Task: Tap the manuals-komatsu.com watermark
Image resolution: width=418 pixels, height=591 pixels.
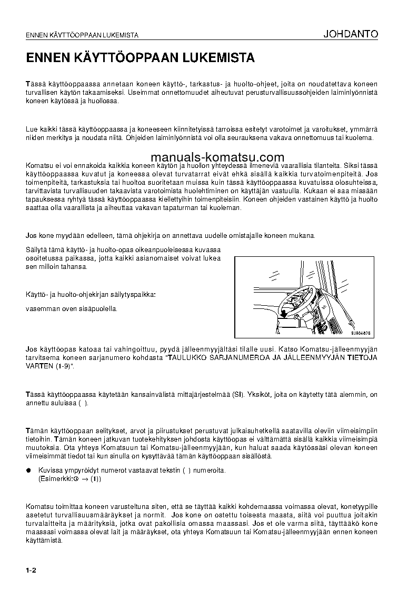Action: coord(217,157)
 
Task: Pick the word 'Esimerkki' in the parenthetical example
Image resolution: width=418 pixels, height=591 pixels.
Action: coord(55,479)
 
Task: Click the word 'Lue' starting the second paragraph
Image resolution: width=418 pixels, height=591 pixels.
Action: coord(32,129)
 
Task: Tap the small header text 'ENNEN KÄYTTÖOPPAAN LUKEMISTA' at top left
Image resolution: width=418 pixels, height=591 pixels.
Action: coord(82,36)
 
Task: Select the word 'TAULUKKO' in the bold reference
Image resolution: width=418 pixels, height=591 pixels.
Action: coord(188,358)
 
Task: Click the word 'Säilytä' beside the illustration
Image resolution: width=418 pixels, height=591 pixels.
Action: coord(37,249)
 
